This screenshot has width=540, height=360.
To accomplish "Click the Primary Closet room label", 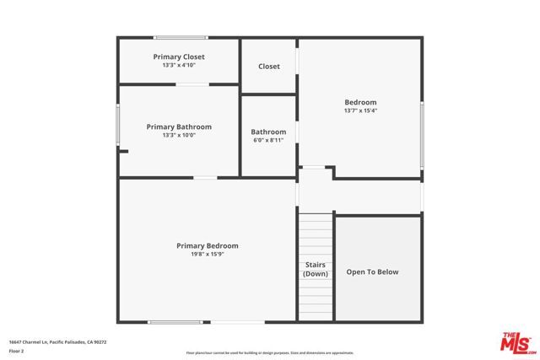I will (179, 56).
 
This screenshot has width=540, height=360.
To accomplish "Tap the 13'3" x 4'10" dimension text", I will (179, 65).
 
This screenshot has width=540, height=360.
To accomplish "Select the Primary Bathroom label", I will (179, 126).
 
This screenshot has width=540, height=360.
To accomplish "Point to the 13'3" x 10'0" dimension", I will (179, 135).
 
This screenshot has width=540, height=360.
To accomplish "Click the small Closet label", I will (269, 66).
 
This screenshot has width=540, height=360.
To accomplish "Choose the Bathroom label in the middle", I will (268, 132).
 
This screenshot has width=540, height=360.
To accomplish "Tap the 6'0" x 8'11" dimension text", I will (268, 140).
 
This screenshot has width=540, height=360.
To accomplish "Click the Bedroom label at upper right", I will (360, 102).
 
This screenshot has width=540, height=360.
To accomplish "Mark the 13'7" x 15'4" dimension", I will (360, 110).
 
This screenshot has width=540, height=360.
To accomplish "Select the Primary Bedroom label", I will (207, 245).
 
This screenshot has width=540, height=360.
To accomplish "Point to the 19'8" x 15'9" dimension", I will (207, 254).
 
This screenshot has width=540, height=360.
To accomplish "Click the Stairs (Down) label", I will (316, 269).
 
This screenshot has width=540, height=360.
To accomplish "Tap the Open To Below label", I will (372, 271).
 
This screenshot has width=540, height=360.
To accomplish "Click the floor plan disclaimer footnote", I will (269, 352).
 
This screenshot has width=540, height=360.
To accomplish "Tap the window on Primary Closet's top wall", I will (181, 37).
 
